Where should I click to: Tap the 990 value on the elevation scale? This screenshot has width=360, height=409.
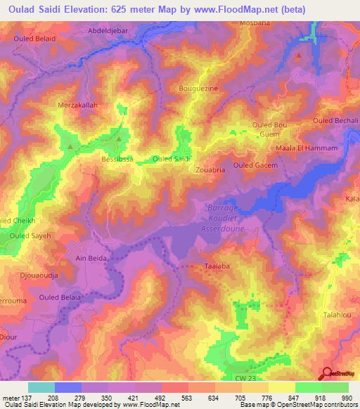pos(345,397)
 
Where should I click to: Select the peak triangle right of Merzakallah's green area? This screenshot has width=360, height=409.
pos(119,139)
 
